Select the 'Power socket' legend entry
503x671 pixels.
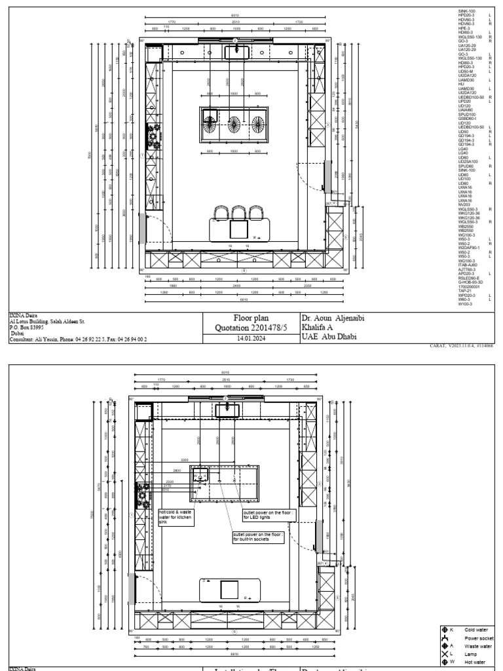click(477, 638)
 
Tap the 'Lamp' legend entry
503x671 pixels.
click(471, 654)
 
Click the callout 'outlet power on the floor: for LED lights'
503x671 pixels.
click(269, 514)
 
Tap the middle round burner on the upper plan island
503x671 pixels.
click(234, 123)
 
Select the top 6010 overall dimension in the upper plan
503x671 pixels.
click(235, 16)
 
